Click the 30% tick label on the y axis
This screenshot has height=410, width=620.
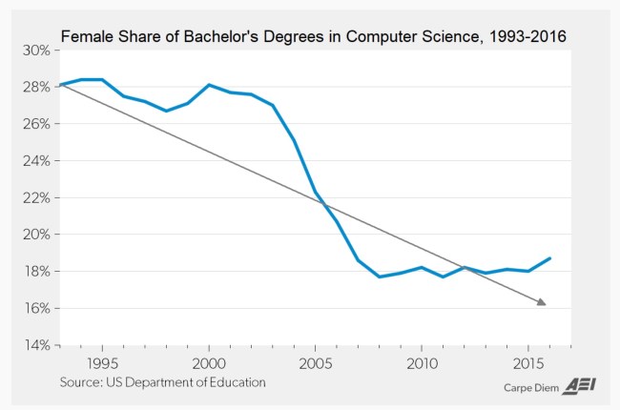click(35, 50)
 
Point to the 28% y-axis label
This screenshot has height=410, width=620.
click(35, 87)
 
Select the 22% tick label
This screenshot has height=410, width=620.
click(35, 197)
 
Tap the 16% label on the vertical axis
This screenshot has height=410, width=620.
click(35, 308)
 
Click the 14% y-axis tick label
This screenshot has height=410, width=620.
click(35, 345)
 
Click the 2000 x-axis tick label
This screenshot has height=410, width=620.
click(209, 363)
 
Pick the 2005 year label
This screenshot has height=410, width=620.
click(316, 363)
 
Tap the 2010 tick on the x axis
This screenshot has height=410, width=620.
click(422, 363)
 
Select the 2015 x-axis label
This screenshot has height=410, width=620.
click(528, 363)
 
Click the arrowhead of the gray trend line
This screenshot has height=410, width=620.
click(543, 303)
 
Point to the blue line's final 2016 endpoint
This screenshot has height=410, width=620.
click(549, 258)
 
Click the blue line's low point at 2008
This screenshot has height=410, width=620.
click(380, 277)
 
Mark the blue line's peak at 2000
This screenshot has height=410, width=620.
click(209, 85)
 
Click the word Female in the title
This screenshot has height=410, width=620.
click(86, 36)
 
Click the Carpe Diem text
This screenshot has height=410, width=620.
click(531, 388)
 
